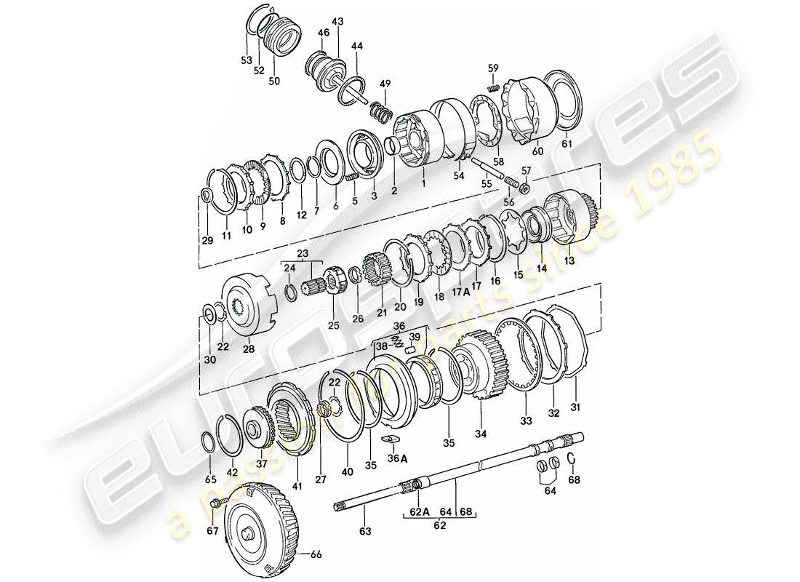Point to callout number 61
point(567,144)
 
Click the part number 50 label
point(274,81)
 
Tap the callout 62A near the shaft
point(415,511)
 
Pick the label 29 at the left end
point(207,241)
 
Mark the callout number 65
point(210,480)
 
